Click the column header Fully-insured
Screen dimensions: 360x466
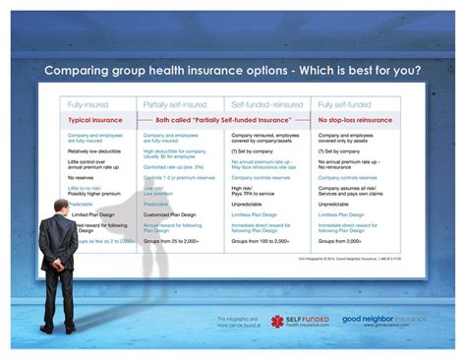[87, 103]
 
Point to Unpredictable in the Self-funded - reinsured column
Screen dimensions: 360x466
[253, 203]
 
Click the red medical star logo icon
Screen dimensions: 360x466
[277, 322]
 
